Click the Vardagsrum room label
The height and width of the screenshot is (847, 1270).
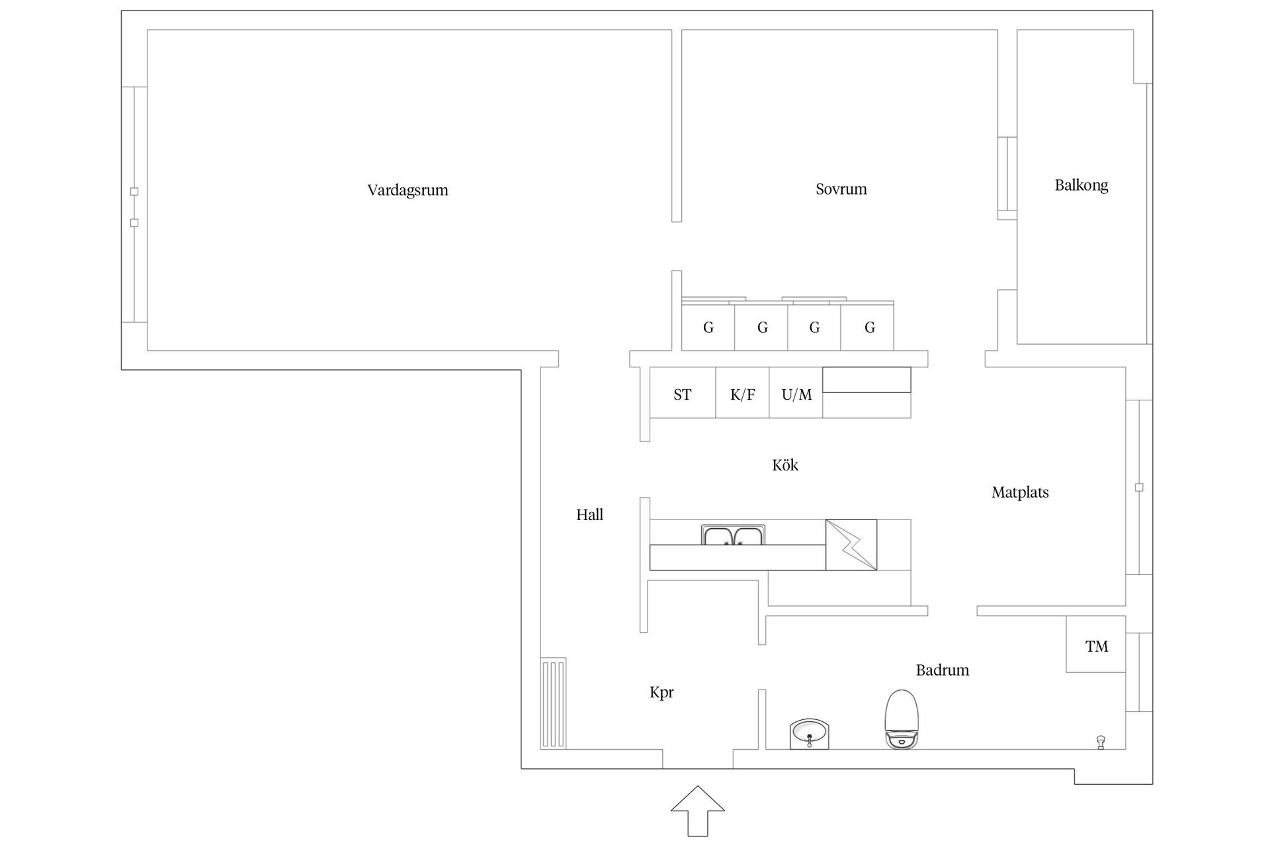pyautogui.click(x=407, y=191)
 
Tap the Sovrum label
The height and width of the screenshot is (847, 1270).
pyautogui.click(x=841, y=189)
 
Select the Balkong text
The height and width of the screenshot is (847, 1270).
pyautogui.click(x=1081, y=185)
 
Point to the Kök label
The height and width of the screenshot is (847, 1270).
pyautogui.click(x=784, y=465)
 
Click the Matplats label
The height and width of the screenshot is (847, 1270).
pyautogui.click(x=1020, y=492)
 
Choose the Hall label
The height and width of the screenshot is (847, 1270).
pyautogui.click(x=589, y=515)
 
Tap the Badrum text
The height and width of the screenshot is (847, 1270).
pyautogui.click(x=942, y=670)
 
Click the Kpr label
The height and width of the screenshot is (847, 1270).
pyautogui.click(x=661, y=693)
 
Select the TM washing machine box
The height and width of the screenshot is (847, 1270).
pyautogui.click(x=1095, y=645)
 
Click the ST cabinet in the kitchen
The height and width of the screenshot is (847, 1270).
pyautogui.click(x=683, y=394)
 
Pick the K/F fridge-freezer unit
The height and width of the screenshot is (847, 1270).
pyautogui.click(x=742, y=394)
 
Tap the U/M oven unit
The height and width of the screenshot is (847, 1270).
pyautogui.click(x=796, y=394)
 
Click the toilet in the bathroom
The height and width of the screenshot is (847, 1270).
pyautogui.click(x=902, y=719)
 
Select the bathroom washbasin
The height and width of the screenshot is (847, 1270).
pyautogui.click(x=809, y=734)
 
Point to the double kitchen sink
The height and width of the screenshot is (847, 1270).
pyautogui.click(x=733, y=535)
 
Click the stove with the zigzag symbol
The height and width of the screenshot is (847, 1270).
pyautogui.click(x=851, y=545)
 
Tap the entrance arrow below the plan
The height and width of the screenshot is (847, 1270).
pyautogui.click(x=698, y=810)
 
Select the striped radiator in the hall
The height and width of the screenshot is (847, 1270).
pyautogui.click(x=554, y=703)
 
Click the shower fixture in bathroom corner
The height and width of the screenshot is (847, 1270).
pyautogui.click(x=1101, y=742)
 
